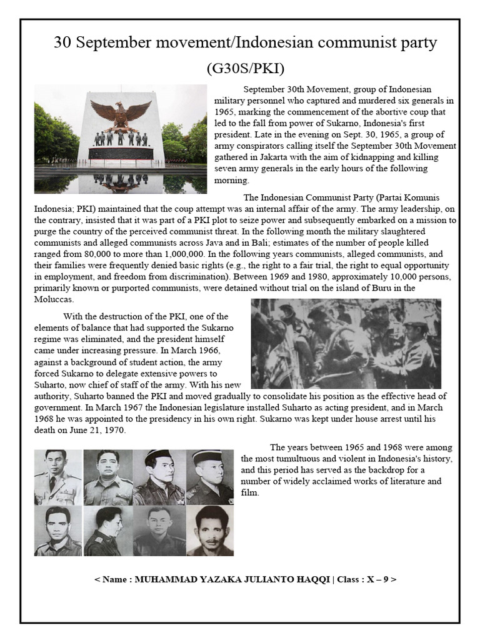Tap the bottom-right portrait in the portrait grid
(209, 531)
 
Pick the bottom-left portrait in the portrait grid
(57, 531)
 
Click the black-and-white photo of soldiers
(346, 343)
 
